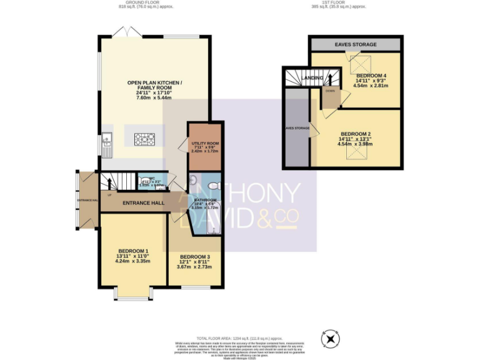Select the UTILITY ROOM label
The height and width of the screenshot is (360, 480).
click(204, 143)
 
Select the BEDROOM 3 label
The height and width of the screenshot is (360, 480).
click(194, 257)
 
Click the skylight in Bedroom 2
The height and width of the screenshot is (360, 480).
click(356, 151)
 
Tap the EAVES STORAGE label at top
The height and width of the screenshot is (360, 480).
click(356, 45)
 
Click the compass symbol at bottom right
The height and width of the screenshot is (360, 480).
click(329, 339)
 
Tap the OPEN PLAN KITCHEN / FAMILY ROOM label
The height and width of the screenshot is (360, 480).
click(154, 86)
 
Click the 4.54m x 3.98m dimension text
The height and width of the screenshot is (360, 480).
click(356, 144)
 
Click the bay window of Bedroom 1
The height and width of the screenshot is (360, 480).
click(132, 296)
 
